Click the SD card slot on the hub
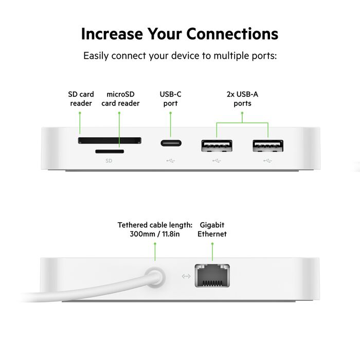click(110, 140)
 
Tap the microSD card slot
click(110, 151)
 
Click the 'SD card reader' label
click(81, 99)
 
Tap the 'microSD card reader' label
click(120, 99)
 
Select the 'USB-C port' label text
click(170, 99)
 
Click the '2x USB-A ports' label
click(242, 99)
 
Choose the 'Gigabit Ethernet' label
click(212, 229)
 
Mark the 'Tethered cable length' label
click(155, 229)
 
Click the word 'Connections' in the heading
click(232, 34)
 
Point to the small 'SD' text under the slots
click(109, 160)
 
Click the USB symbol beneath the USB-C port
click(170, 160)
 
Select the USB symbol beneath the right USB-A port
click(267, 160)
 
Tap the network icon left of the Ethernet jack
click(186, 276)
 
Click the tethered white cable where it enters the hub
click(153, 278)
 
